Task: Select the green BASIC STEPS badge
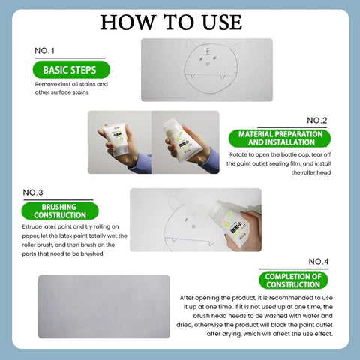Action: pyautogui.click(x=71, y=70)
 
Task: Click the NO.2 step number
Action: pyautogui.click(x=317, y=120)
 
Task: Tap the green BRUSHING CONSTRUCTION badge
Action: pyautogui.click(x=64, y=211)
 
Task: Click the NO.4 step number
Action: pyautogui.click(x=319, y=261)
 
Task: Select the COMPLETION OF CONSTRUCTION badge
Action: pyautogui.click(x=294, y=280)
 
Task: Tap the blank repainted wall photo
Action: pyautogui.click(x=103, y=307)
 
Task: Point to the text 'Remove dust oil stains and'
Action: pyautogui.click(x=71, y=84)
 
